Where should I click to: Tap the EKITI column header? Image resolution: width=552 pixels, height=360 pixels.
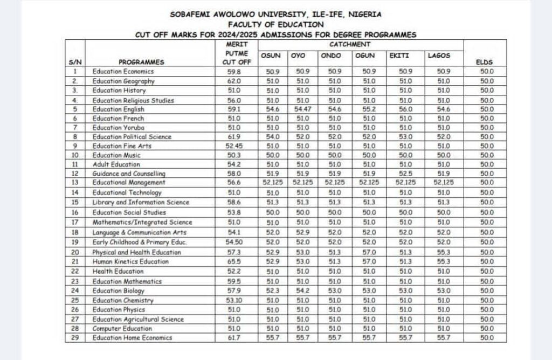point(399,56)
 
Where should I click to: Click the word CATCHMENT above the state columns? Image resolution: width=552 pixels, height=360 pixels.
point(350,44)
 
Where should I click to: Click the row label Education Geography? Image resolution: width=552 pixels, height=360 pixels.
point(123,81)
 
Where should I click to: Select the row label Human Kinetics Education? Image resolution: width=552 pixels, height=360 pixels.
point(130,261)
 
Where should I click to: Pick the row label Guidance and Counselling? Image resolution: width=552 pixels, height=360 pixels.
point(129,174)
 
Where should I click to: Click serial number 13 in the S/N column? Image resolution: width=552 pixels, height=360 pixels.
point(75,183)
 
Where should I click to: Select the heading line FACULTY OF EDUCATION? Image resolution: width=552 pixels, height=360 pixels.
point(275,24)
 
